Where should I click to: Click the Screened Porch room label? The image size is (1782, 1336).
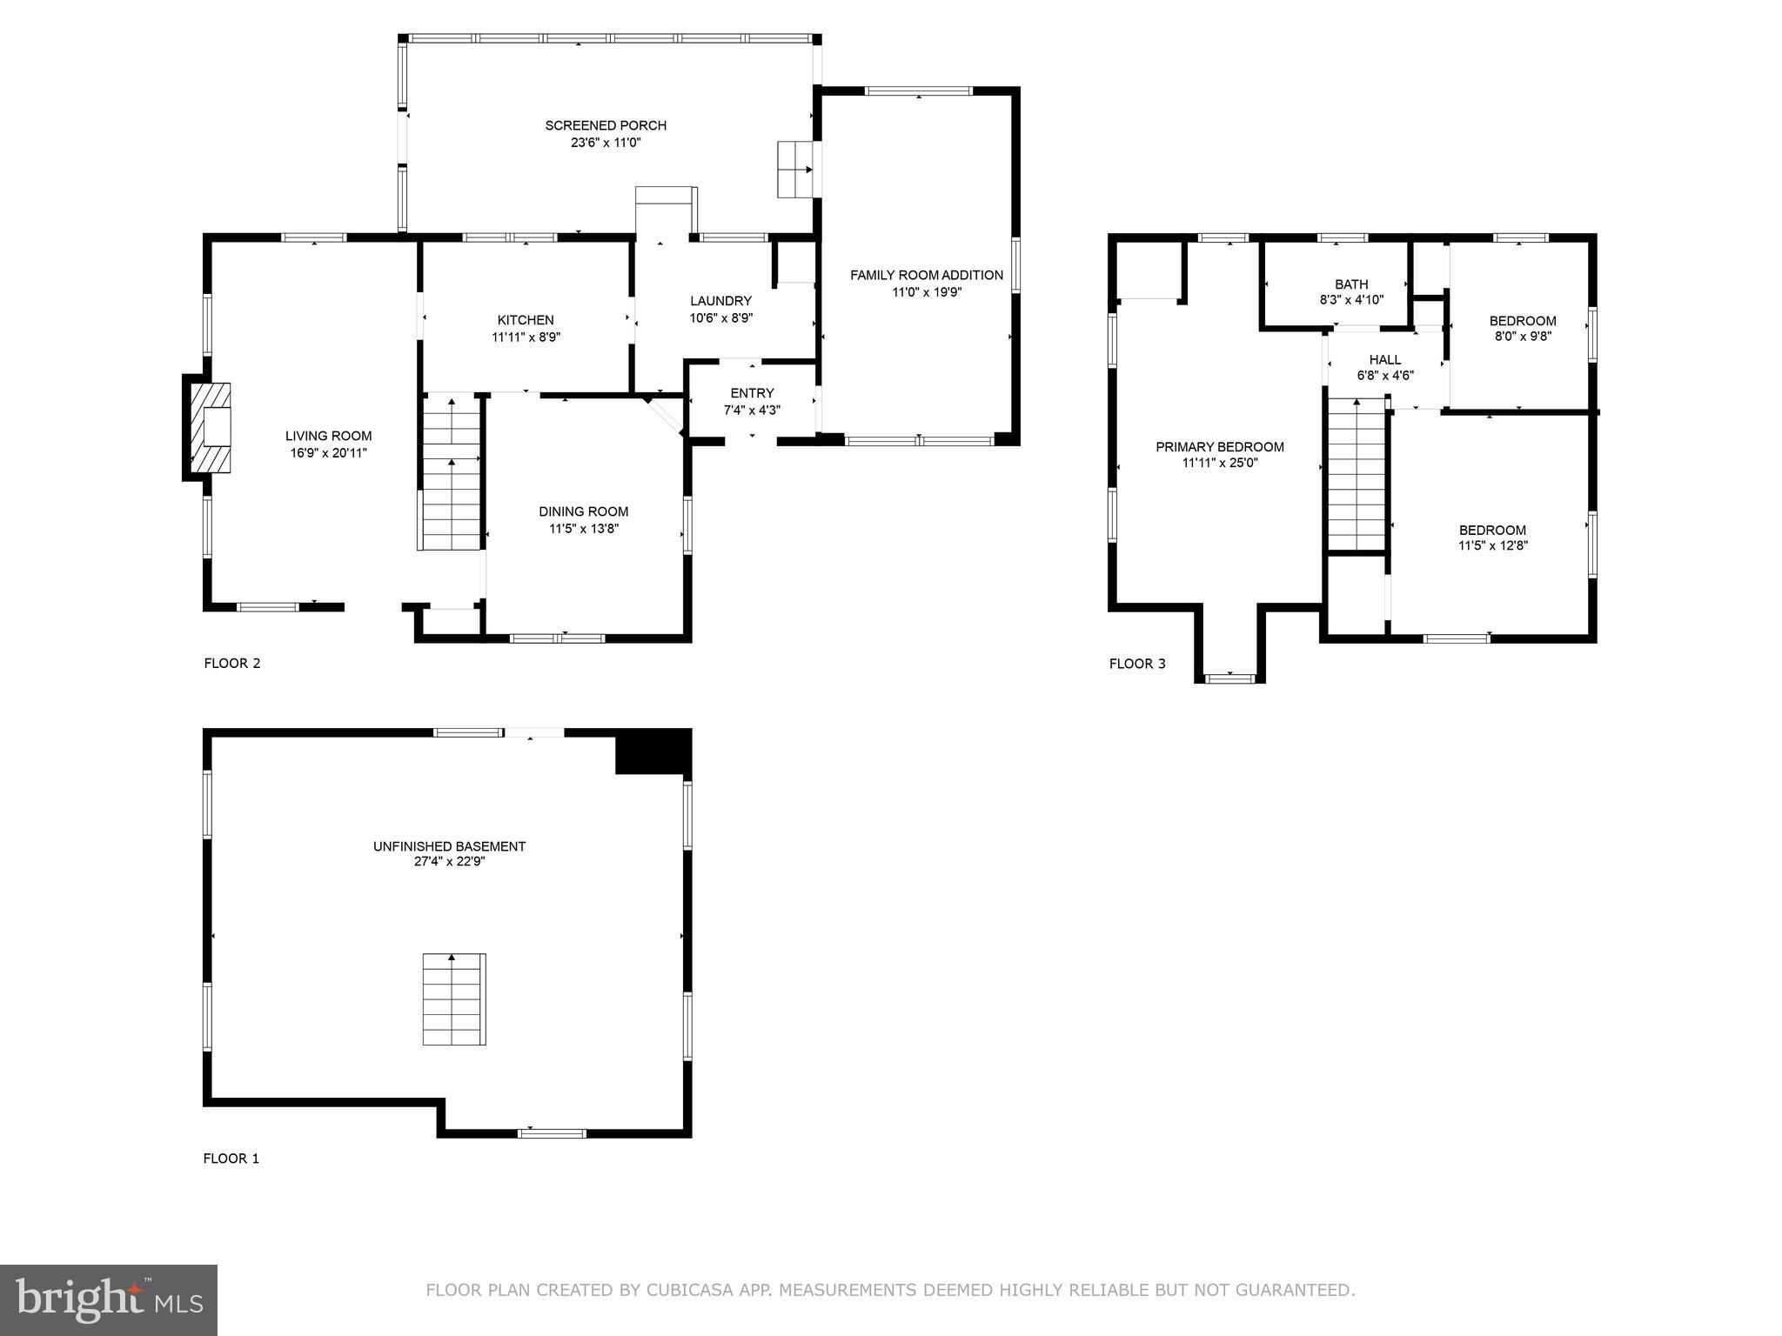606,125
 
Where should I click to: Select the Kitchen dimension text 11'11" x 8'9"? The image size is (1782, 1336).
526,337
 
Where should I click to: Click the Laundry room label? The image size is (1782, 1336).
720,301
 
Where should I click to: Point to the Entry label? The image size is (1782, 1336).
752,393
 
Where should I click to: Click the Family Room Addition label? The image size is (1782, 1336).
926,275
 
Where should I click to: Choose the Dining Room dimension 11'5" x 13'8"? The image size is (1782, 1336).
583,528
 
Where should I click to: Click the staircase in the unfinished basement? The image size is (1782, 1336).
453,999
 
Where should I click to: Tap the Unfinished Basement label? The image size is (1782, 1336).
449,846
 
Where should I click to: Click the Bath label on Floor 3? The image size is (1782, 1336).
1350,284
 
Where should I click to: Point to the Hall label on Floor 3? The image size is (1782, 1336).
1384,359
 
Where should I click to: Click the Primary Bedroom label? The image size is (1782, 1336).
1219,447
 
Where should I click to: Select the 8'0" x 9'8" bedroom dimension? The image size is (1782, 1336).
1522,337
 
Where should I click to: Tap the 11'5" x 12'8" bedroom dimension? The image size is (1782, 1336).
1492,546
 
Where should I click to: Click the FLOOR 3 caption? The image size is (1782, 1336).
1136,664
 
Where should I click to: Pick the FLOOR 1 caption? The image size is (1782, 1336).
231,1159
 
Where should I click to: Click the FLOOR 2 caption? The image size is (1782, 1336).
231,663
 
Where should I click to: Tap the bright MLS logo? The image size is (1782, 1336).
108,1299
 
